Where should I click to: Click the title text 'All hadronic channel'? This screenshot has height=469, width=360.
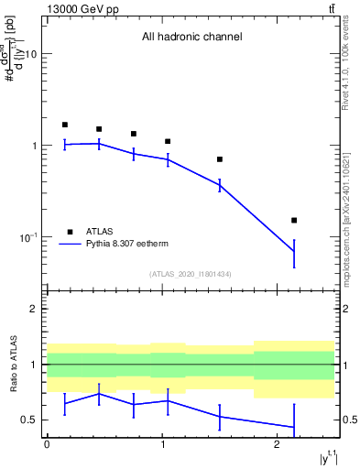191,38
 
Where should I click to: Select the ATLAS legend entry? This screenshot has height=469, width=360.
99,232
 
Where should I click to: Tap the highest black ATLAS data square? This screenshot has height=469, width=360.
65,125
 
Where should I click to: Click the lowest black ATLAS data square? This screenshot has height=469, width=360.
294,220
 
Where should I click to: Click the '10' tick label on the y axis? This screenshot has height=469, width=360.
30,54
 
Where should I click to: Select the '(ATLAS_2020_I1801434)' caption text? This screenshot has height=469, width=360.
191,275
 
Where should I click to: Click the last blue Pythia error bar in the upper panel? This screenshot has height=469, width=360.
294,251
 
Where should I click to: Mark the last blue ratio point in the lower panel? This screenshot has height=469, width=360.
294,428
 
